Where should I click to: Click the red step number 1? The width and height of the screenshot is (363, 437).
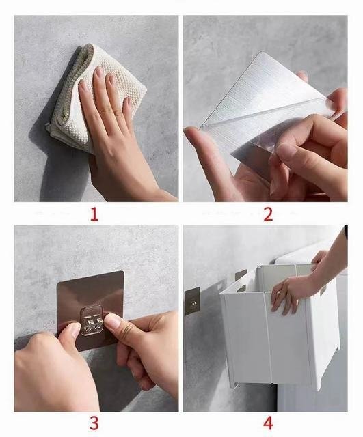point(94,214)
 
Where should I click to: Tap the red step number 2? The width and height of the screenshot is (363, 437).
point(267,214)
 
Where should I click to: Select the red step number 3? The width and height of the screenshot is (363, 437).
point(94,423)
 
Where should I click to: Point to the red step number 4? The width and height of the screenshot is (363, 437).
point(268,423)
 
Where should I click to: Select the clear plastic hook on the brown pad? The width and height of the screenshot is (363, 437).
point(91,320)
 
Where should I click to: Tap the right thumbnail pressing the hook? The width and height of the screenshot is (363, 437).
point(112,321)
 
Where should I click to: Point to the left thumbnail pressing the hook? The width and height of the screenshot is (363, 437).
point(75,330)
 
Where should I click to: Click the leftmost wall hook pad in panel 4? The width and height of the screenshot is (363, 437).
point(192,302)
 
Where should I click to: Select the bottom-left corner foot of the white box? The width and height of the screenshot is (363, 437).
point(234,385)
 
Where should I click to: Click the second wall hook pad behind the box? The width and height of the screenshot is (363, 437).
point(241,276)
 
